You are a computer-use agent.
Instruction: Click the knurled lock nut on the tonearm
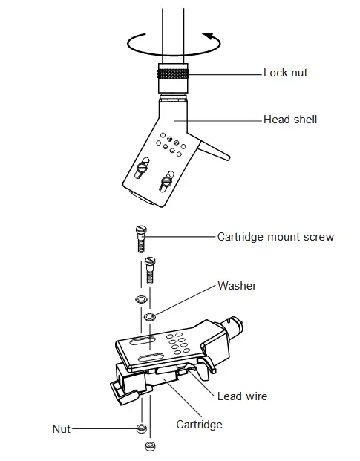coord(173,73)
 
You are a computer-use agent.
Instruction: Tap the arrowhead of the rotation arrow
coord(209,36)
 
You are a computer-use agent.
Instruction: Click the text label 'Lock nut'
coord(285,73)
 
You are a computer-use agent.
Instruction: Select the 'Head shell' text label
coord(290,119)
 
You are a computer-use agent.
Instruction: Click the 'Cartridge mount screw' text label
coord(275,237)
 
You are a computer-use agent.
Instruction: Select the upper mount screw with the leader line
coord(139,239)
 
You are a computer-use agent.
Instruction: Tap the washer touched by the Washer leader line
coord(148,317)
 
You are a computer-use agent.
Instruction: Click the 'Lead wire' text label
coord(242,396)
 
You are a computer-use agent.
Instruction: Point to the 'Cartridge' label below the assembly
coord(199,425)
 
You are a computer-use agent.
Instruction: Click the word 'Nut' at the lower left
coord(61,428)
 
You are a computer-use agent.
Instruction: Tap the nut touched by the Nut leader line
coord(140,429)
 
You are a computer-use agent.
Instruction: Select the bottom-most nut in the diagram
coord(148,446)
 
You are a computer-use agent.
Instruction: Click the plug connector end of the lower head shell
coord(236,327)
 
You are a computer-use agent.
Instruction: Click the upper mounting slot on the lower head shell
coord(141,341)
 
